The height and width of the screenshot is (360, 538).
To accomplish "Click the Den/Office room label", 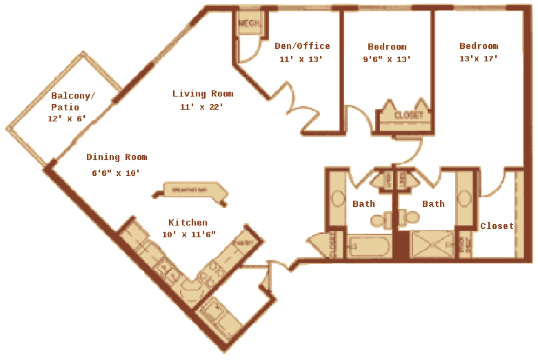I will [x=302, y=46].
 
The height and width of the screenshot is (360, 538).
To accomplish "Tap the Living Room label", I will [x=203, y=94].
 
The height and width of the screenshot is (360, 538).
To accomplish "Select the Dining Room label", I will [x=117, y=157].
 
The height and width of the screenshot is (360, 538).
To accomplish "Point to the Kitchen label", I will [x=188, y=223].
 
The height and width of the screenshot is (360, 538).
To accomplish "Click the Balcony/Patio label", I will [x=72, y=101].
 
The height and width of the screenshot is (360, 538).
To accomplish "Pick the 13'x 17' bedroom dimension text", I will [x=478, y=59].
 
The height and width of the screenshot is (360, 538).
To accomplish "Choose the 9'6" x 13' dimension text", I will [x=387, y=59].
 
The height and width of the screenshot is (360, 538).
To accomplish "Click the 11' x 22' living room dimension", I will [x=201, y=107].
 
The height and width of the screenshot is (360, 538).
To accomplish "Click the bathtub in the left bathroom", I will [x=370, y=246].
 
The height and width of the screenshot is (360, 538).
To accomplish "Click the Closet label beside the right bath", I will [x=497, y=226].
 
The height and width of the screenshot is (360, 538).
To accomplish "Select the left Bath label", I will [x=363, y=204].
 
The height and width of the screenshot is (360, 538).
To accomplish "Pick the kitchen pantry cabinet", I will [x=243, y=243].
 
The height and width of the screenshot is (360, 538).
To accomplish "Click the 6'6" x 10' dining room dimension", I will [x=116, y=173].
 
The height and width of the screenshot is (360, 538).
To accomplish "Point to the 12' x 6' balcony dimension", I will [x=66, y=119].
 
